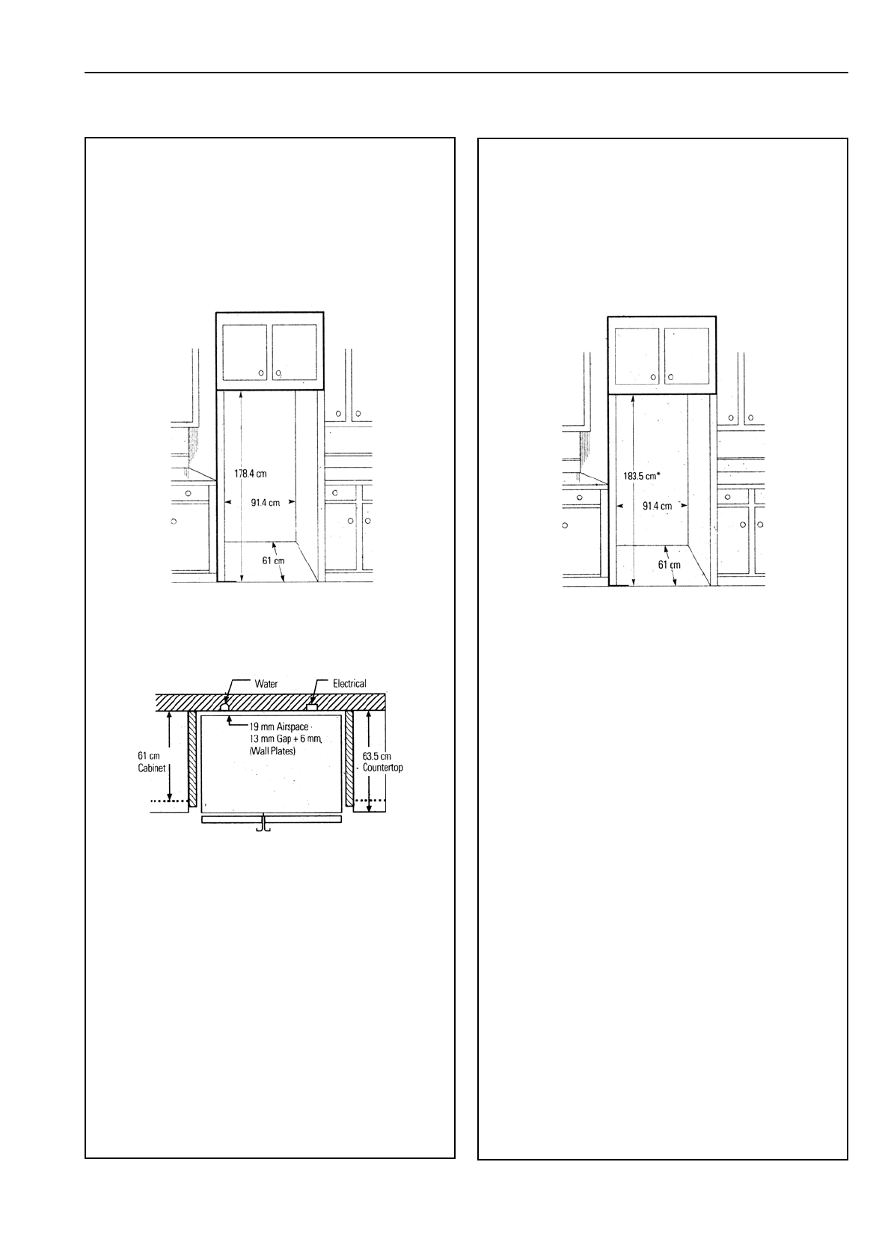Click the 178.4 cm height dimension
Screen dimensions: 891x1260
[251, 474]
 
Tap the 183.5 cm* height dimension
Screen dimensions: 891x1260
[641, 477]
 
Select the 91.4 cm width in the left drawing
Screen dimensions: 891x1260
[266, 503]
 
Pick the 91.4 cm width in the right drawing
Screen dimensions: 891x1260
[657, 507]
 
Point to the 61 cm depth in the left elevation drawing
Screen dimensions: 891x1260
[273, 561]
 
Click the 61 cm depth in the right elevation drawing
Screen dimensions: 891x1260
[670, 565]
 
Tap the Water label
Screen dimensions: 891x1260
[266, 684]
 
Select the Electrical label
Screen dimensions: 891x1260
[349, 684]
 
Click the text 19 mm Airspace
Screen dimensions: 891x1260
[279, 727]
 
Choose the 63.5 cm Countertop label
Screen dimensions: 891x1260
[382, 762]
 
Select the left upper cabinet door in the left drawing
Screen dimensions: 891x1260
[244, 352]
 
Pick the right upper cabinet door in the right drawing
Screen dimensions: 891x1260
[686, 356]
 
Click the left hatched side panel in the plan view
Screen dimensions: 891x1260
[192, 758]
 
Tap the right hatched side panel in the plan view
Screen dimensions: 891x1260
[349, 758]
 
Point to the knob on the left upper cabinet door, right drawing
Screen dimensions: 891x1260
[653, 377]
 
